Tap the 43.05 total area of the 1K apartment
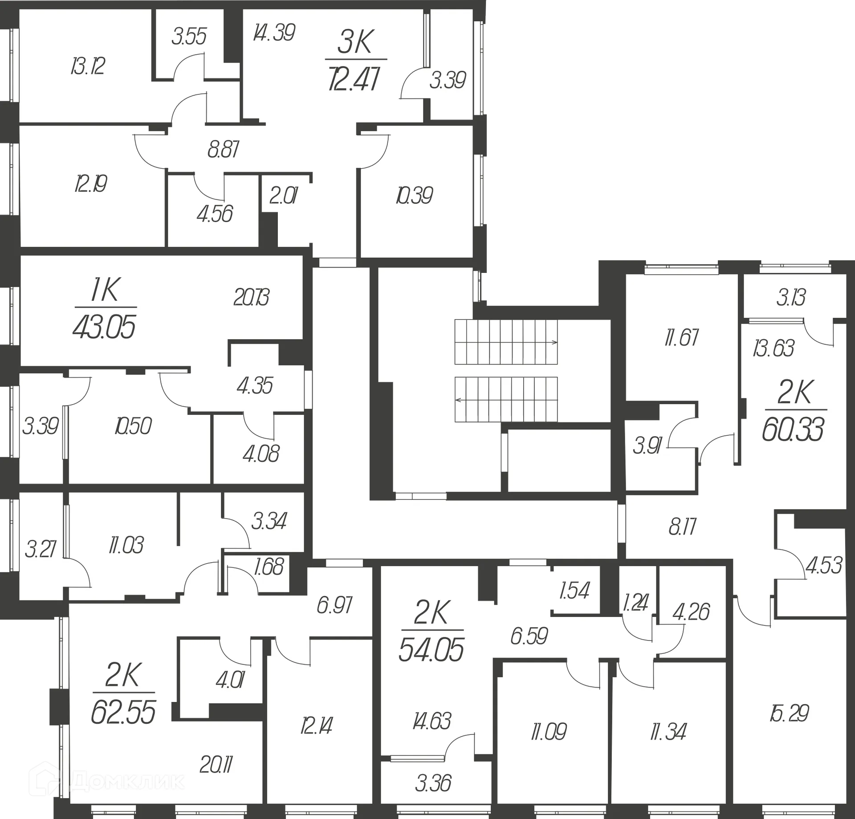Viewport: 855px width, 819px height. [x=104, y=327]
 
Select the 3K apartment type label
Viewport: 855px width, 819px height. [x=355, y=42]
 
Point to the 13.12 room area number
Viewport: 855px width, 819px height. [x=88, y=66]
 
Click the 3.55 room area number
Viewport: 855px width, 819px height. [x=189, y=36]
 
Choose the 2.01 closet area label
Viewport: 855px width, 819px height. [x=284, y=195]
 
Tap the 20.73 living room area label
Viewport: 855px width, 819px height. [x=252, y=297]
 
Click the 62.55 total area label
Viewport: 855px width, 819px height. [x=123, y=712]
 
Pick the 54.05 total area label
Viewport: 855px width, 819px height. [x=431, y=649]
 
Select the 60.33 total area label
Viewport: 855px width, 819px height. [x=793, y=430]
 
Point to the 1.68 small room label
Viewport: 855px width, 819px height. [x=269, y=567]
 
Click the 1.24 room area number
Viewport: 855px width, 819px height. [x=635, y=603]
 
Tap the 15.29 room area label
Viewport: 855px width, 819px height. [x=789, y=713]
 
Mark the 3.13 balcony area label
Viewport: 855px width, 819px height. [x=791, y=297]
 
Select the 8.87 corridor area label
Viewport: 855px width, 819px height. [x=224, y=150]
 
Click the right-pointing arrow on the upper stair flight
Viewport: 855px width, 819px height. [x=554, y=342]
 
